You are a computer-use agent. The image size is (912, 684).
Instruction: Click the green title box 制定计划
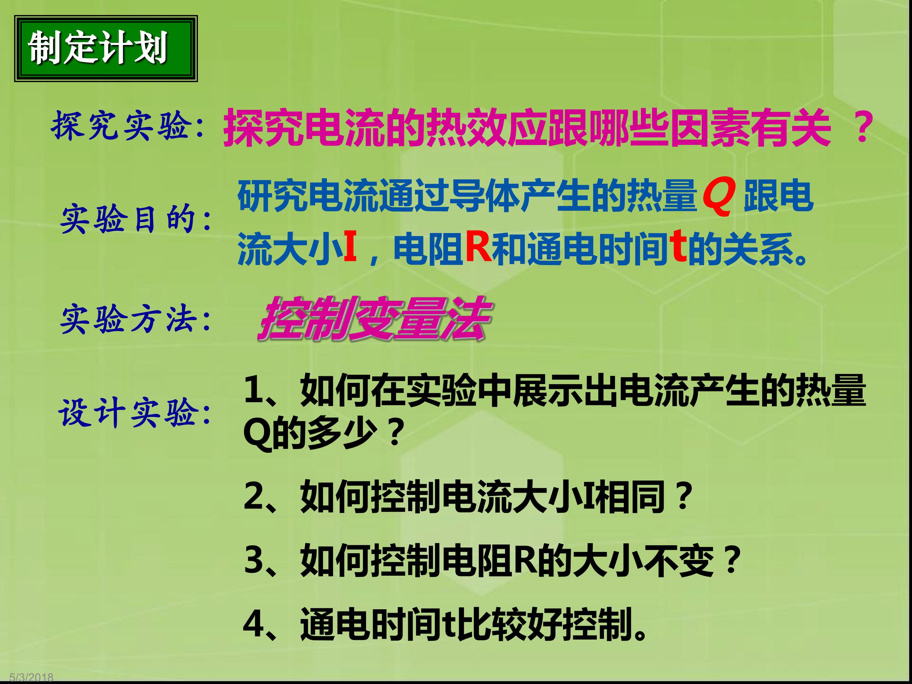(x=106, y=49)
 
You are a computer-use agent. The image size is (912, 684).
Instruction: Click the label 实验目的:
(x=136, y=218)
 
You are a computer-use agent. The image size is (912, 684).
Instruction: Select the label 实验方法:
(x=136, y=320)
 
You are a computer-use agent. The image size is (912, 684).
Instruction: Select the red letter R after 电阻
(x=478, y=247)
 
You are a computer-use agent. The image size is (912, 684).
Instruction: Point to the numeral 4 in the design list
(x=254, y=624)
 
